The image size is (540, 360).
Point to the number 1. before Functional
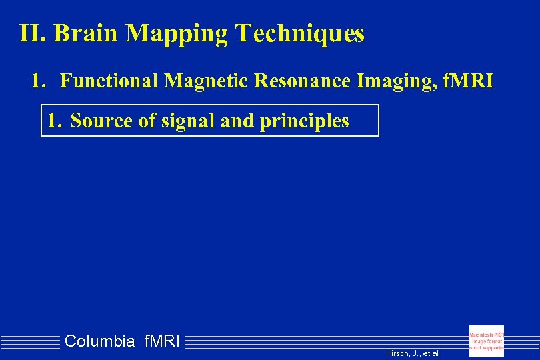point(39,81)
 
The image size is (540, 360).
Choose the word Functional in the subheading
point(110,81)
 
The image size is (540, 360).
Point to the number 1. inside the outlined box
point(54,121)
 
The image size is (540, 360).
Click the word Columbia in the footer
point(100,342)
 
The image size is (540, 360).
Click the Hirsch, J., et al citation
point(412,353)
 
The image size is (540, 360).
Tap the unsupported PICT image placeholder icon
point(487,341)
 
